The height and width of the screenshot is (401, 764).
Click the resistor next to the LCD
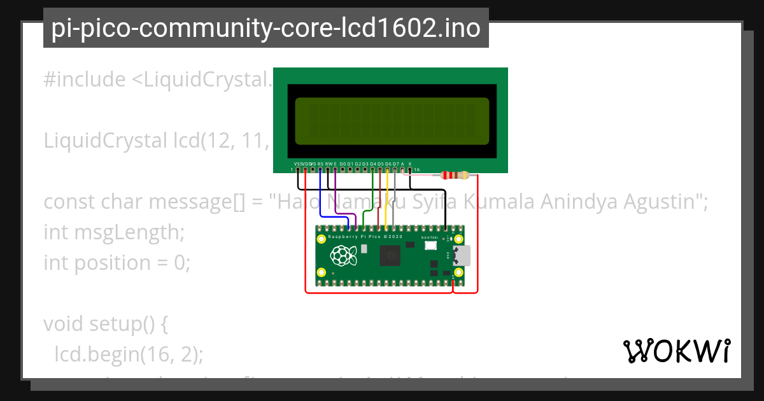[x=454, y=175]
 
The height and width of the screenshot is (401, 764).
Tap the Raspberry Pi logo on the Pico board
[x=342, y=257]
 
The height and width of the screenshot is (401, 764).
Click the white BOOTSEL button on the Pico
[x=430, y=245]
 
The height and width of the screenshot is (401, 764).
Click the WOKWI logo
[x=677, y=351]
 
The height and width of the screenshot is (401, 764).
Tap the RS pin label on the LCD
[x=320, y=164]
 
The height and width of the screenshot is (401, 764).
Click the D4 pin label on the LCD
[x=373, y=164]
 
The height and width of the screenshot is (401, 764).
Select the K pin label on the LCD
[x=410, y=164]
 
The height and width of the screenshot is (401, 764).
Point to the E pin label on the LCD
[x=336, y=164]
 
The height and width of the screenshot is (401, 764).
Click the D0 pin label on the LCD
[x=343, y=164]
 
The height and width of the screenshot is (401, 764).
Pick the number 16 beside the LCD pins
[x=417, y=170]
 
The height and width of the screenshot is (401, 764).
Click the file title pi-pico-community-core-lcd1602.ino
[x=265, y=28]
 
